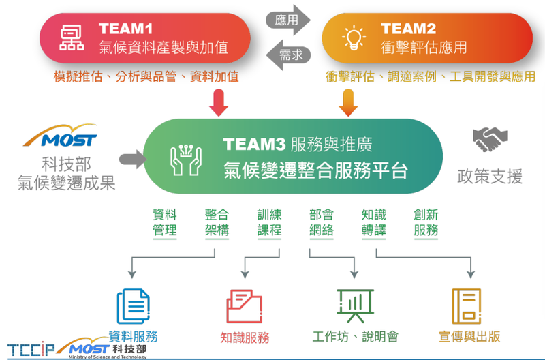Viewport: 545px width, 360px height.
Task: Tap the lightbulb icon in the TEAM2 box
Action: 354,37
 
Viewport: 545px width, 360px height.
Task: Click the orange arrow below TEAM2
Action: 347,103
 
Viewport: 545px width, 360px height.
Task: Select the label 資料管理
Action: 165,222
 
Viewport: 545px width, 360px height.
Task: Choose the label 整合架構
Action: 217,222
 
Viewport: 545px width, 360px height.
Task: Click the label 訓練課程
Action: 269,222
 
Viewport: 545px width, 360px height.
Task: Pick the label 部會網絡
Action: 322,222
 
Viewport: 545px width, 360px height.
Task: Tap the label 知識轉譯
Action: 374,222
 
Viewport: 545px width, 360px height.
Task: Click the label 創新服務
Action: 426,222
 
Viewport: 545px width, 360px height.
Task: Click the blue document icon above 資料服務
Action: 133,305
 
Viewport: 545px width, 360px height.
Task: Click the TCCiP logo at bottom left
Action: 31,347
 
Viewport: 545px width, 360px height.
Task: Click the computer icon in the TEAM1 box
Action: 70,38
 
